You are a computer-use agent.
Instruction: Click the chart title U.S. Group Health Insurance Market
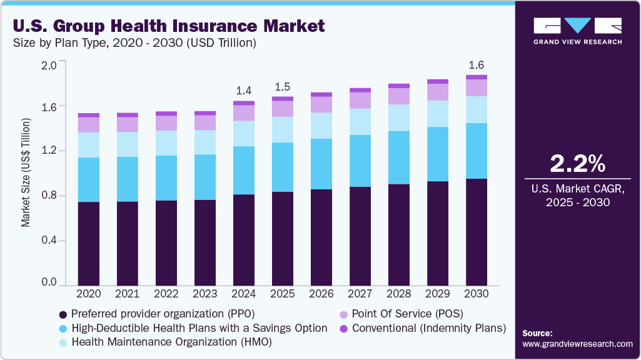(x=168, y=26)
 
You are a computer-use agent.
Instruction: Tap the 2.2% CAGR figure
(x=577, y=164)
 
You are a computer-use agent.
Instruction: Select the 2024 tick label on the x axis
(x=243, y=292)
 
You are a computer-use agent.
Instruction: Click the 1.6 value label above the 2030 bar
(x=476, y=65)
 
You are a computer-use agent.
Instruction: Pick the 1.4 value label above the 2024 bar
(x=243, y=91)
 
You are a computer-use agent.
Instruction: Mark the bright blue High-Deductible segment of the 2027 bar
(x=360, y=161)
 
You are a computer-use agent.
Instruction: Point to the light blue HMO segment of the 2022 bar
(x=166, y=143)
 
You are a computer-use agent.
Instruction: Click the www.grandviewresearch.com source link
(x=577, y=344)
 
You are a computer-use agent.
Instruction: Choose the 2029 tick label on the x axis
(x=437, y=292)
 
